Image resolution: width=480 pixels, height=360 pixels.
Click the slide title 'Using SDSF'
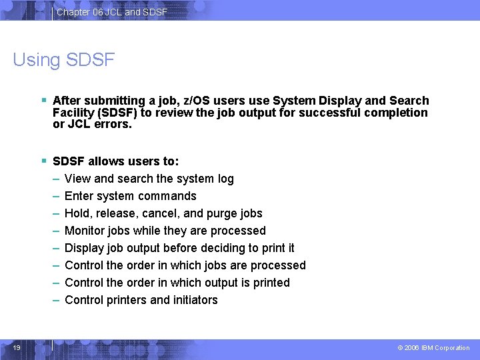pyautogui.click(x=64, y=60)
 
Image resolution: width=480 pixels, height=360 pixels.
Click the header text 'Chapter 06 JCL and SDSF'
pyautogui.click(x=112, y=13)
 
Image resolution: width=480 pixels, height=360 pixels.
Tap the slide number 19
pyautogui.click(x=17, y=347)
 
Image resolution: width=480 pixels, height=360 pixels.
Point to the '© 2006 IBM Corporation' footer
pyautogui.click(x=433, y=348)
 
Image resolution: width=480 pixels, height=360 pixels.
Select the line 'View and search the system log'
pyautogui.click(x=149, y=179)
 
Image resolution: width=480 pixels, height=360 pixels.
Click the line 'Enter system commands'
pyautogui.click(x=130, y=196)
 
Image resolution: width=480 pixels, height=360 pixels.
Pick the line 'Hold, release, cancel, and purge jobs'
pyautogui.click(x=163, y=213)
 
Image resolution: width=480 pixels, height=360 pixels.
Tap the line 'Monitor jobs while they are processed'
pyautogui.click(x=165, y=231)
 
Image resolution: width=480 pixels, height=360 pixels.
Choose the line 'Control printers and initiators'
pyautogui.click(x=141, y=300)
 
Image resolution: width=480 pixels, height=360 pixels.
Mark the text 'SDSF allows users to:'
pyautogui.click(x=115, y=161)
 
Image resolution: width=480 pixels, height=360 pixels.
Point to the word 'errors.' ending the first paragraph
pyautogui.click(x=116, y=124)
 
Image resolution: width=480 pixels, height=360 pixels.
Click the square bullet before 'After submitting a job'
pyautogui.click(x=43, y=101)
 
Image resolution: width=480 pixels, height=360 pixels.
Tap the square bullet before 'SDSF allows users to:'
pyautogui.click(x=43, y=161)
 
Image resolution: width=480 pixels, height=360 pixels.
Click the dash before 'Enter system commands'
pyautogui.click(x=57, y=196)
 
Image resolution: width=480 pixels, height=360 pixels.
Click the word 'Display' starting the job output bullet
pyautogui.click(x=84, y=248)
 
